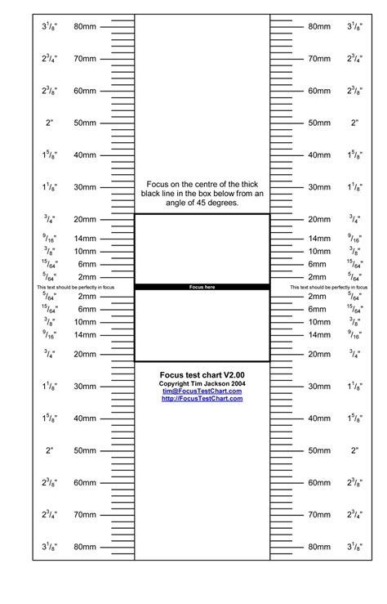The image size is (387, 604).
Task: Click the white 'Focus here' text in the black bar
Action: click(202, 287)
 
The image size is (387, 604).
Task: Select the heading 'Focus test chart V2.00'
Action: click(202, 374)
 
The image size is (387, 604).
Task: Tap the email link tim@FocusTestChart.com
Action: click(202, 391)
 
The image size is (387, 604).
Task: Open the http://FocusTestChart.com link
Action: click(202, 399)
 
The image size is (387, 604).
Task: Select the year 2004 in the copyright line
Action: click(237, 383)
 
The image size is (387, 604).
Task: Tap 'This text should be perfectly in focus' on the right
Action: click(329, 289)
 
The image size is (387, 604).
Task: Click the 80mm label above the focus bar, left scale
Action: click(85, 27)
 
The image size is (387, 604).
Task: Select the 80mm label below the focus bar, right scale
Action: click(318, 547)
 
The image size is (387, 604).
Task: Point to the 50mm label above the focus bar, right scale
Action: click(318, 123)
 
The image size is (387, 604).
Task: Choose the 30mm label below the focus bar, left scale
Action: click(85, 387)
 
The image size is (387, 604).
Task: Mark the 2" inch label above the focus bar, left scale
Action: click(49, 123)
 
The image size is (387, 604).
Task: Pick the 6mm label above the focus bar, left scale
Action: click(87, 265)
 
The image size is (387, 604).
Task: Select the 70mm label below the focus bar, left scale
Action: click(85, 515)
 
